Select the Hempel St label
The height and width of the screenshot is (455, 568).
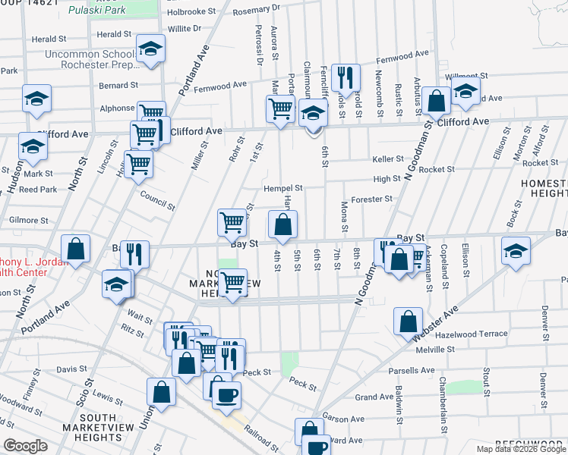click(x=283, y=188)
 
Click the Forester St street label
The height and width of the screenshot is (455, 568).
click(x=372, y=199)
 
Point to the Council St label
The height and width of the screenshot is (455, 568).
click(x=158, y=206)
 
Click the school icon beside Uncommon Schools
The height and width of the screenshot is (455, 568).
click(x=151, y=51)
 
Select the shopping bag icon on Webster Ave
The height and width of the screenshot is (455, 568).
click(x=409, y=321)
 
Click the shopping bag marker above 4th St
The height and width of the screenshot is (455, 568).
click(x=282, y=224)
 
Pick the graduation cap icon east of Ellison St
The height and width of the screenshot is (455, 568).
click(x=515, y=251)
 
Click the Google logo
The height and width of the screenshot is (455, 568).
click(x=25, y=446)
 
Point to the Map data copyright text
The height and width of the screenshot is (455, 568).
click(x=520, y=449)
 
